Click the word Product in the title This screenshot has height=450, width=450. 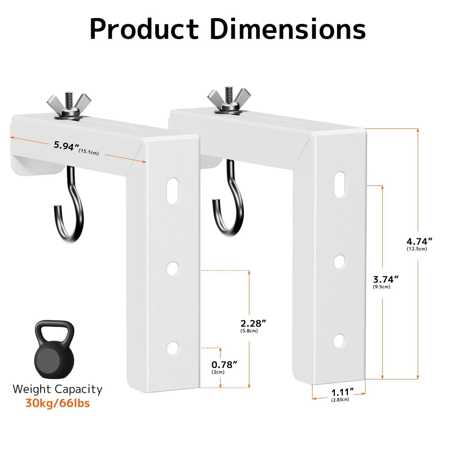144,29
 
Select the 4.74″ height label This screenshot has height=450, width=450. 419,241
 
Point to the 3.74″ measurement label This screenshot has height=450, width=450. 386,279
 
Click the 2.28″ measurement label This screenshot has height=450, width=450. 253,323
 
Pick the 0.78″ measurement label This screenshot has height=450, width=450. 224,364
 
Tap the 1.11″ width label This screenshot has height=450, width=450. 343,392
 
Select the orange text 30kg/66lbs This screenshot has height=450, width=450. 58,403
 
